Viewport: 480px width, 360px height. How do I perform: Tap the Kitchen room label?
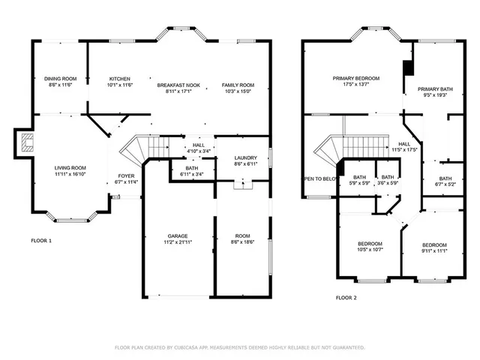click(120, 79)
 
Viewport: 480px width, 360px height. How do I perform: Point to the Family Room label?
click(238, 85)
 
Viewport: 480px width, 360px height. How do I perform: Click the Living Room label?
click(69, 168)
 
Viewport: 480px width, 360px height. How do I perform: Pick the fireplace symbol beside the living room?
click(27, 142)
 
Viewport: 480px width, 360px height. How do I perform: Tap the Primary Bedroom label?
click(356, 78)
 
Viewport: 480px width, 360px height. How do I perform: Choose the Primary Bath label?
click(435, 88)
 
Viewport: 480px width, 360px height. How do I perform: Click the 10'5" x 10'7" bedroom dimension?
click(370, 250)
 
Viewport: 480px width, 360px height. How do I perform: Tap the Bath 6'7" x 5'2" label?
click(445, 182)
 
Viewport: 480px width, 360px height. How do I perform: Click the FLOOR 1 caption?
click(41, 241)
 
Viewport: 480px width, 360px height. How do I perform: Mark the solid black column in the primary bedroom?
click(407, 67)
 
